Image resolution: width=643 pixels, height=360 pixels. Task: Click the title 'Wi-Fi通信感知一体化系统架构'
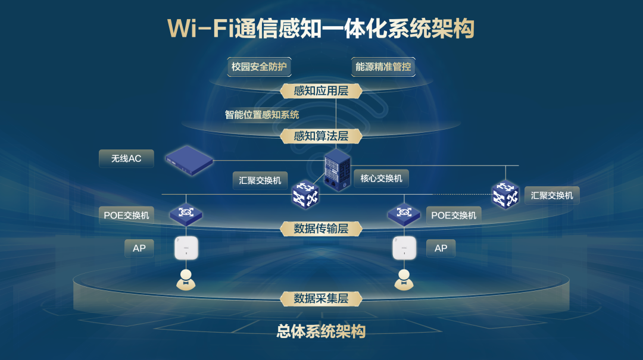tap(321, 28)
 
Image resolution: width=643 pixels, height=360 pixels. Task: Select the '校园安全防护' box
tap(259, 67)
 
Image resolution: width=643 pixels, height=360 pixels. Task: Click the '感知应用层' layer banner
tap(321, 91)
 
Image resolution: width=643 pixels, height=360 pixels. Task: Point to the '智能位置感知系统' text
tap(261, 115)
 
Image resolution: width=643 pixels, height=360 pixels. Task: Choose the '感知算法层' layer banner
tap(321, 136)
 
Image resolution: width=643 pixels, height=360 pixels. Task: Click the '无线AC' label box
tap(126, 159)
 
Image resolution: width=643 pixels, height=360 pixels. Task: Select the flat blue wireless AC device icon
tap(189, 159)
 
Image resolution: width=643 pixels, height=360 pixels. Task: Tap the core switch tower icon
tap(338, 169)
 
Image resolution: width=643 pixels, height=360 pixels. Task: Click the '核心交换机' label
tap(381, 178)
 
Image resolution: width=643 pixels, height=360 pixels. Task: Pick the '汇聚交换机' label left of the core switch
tap(260, 180)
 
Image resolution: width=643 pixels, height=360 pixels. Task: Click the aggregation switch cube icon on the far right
tap(505, 194)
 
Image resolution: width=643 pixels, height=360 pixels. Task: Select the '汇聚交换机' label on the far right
tap(552, 195)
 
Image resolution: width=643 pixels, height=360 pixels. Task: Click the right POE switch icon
tap(404, 214)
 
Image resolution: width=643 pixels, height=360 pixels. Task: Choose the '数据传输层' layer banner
tap(321, 228)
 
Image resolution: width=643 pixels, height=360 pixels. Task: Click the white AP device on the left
tap(186, 248)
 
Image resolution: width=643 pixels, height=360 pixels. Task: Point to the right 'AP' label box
tap(441, 248)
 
